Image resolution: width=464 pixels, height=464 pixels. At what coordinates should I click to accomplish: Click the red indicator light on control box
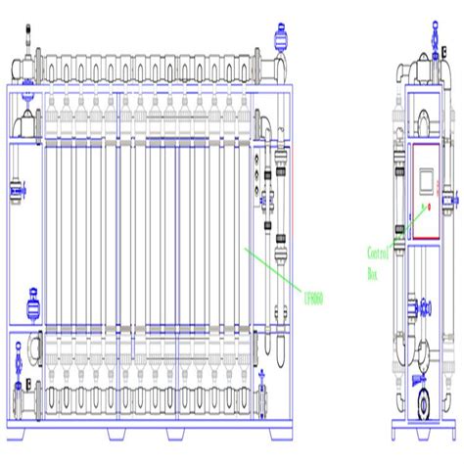click(428, 207)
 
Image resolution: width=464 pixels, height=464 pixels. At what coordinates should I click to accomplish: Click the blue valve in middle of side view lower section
click(423, 310)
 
